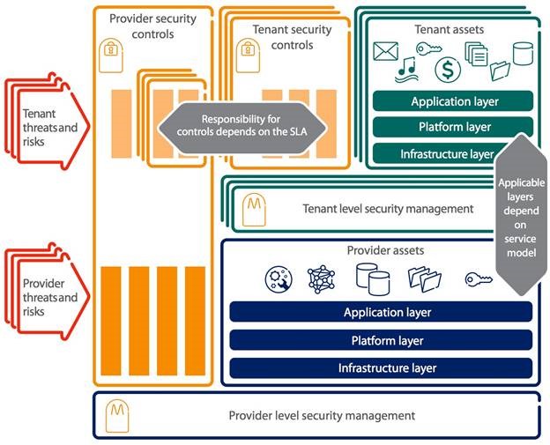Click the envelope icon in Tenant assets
coord(385,52)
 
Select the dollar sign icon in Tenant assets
coord(450,69)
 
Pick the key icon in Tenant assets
coord(431,50)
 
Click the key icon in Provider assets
coord(479,279)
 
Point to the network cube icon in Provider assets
coord(320,279)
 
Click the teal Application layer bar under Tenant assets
coord(452,101)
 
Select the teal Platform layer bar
coord(452,128)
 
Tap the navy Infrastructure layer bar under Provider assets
coord(380,367)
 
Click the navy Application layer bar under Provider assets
coord(380,312)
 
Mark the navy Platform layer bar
coord(380,340)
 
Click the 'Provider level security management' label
coord(321,415)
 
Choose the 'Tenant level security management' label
coord(388,209)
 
